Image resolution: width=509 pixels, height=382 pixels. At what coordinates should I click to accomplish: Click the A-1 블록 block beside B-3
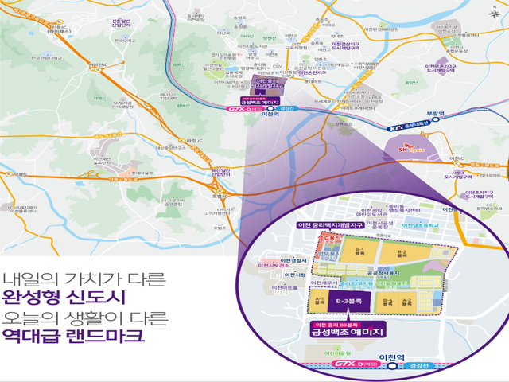(x=319, y=302)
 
